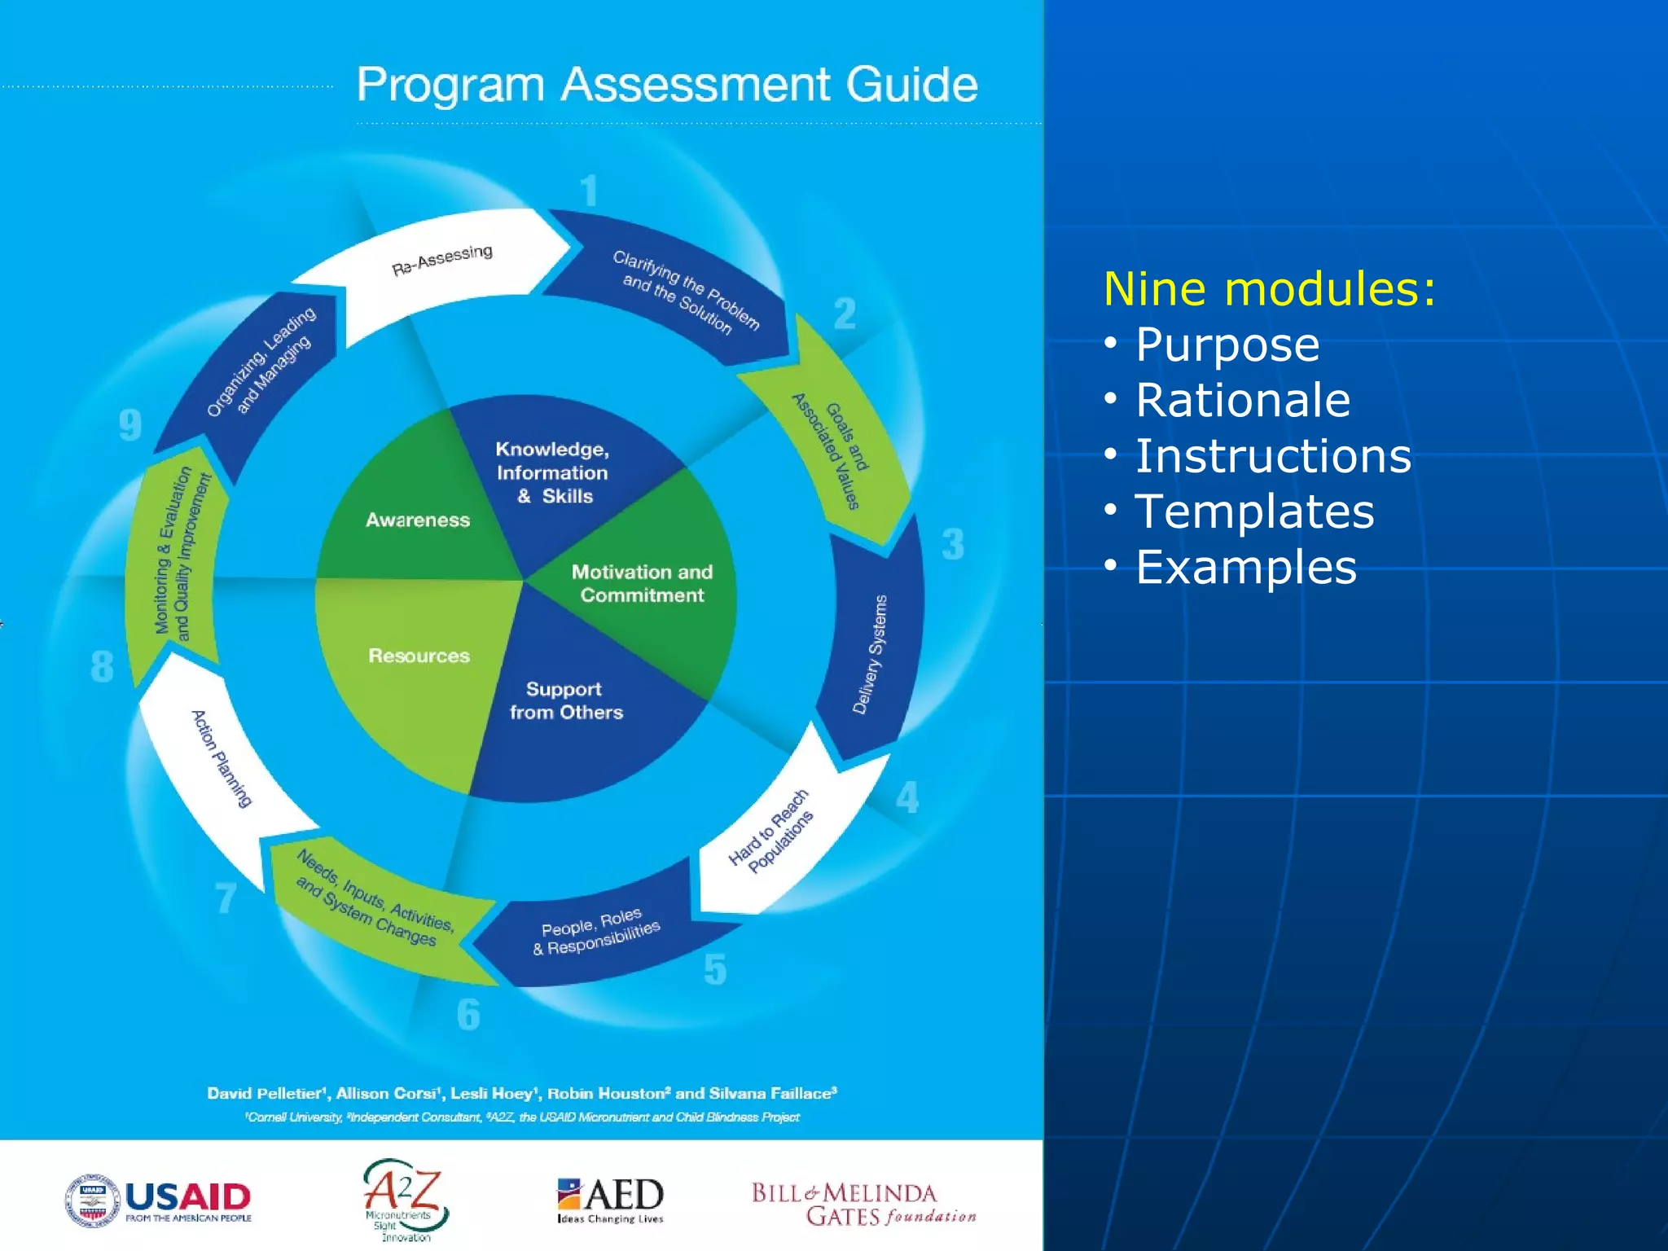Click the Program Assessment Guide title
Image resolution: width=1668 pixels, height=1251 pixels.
[667, 85]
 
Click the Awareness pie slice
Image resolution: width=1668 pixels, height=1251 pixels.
[417, 519]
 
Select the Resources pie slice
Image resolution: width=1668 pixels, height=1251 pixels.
[418, 656]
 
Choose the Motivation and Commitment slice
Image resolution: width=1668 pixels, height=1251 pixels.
[642, 584]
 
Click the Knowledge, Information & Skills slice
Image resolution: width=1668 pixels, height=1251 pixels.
[552, 472]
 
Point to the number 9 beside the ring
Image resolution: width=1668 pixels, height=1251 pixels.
[130, 425]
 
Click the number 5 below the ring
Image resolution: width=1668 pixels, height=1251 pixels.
[714, 969]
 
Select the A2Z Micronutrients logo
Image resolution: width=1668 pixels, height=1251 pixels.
[404, 1199]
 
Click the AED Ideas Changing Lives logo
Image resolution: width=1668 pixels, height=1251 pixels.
[610, 1199]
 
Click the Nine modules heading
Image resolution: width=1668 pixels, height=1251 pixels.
[1270, 289]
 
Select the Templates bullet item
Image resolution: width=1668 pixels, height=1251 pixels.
[1254, 511]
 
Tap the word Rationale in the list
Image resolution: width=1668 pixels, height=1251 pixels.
[1242, 400]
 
